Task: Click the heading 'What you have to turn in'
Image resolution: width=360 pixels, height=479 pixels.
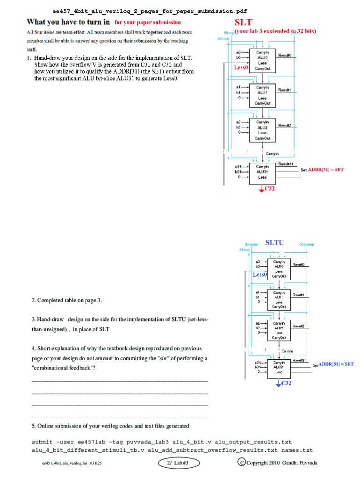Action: [x=68, y=22]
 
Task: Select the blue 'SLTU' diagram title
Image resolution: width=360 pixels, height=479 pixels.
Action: [x=274, y=243]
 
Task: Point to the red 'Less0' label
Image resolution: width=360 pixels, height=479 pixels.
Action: [x=240, y=67]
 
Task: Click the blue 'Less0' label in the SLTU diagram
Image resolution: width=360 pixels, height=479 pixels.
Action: [x=259, y=275]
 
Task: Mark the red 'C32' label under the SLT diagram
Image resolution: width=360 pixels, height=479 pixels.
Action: [x=270, y=189]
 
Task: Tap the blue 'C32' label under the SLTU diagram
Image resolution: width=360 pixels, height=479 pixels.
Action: [x=286, y=383]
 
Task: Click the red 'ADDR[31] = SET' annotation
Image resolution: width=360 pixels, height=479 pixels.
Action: [x=325, y=170]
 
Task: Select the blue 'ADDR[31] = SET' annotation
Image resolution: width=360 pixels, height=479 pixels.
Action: [x=336, y=364]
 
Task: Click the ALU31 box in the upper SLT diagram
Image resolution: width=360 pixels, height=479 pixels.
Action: [x=262, y=172]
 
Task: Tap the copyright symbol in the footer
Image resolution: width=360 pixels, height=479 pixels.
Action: [x=241, y=463]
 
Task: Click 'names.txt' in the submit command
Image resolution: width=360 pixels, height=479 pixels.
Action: [x=297, y=450]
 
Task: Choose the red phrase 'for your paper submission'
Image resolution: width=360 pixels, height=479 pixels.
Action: [x=148, y=22]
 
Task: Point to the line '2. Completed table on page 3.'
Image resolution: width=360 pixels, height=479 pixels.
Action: [x=67, y=300]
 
